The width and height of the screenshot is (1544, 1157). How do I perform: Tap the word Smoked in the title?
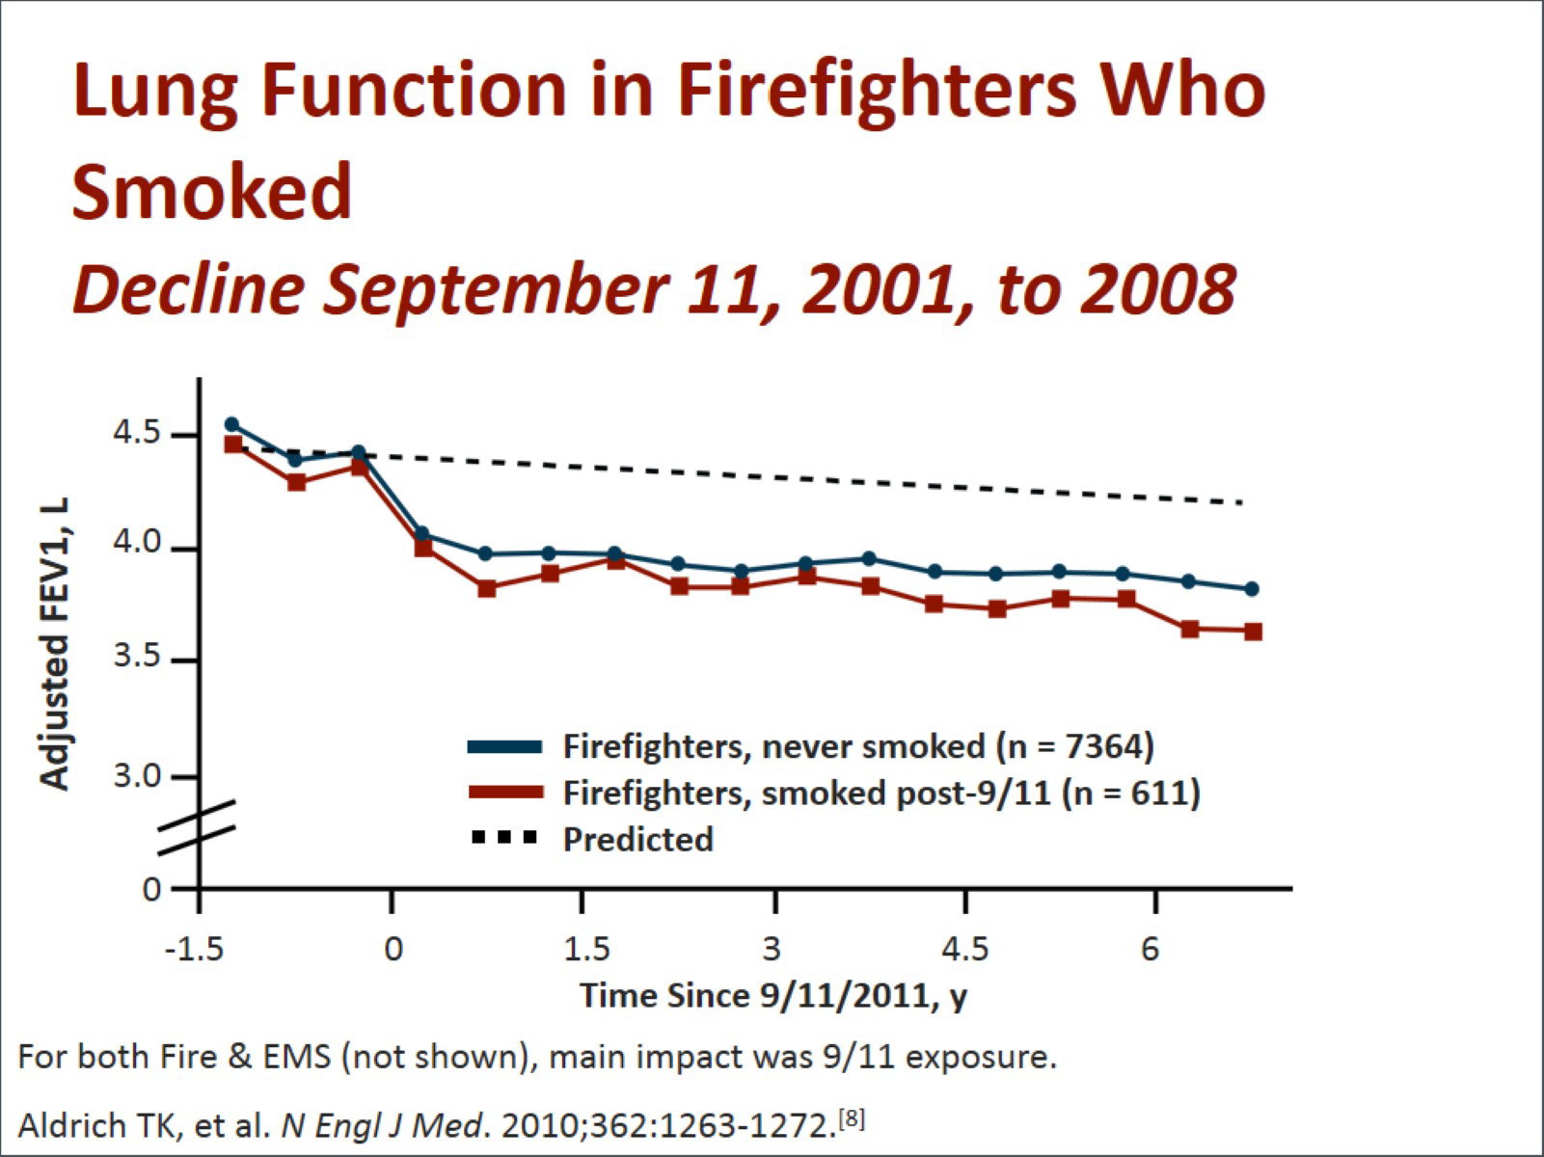click(x=212, y=191)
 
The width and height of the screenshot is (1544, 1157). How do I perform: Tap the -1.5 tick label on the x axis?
click(x=195, y=950)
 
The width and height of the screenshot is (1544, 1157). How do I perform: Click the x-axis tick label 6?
click(x=1151, y=950)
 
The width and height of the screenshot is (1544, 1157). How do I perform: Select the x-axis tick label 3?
click(x=772, y=950)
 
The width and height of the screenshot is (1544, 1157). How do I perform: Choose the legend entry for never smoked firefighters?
click(x=858, y=746)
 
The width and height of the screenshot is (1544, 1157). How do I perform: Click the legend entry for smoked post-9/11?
click(x=881, y=793)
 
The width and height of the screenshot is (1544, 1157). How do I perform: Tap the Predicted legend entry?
click(x=637, y=839)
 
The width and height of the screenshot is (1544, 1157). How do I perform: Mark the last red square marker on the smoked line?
click(x=1253, y=632)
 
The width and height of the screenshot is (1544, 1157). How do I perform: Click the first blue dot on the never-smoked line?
click(x=231, y=424)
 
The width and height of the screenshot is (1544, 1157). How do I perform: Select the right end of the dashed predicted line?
click(x=1241, y=502)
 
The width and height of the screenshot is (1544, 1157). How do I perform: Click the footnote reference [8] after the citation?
click(x=853, y=1119)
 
